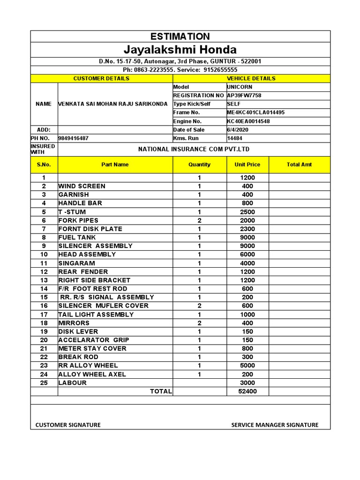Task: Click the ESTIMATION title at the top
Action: click(180, 37)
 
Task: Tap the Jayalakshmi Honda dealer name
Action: click(180, 50)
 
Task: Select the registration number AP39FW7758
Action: click(244, 95)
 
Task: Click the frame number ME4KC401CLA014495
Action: click(255, 112)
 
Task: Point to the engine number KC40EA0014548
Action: click(248, 121)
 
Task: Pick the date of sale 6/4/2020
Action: click(238, 130)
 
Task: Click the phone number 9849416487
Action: click(73, 138)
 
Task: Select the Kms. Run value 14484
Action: click(235, 138)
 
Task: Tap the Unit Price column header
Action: click(247, 165)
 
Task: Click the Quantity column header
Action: click(199, 165)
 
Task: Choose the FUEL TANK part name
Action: click(77, 237)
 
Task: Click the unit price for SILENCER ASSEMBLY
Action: click(247, 246)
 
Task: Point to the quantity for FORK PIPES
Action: click(199, 220)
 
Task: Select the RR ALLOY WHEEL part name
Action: click(88, 365)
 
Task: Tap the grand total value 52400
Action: click(247, 391)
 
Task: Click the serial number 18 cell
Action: click(44, 323)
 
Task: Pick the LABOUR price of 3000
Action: click(247, 382)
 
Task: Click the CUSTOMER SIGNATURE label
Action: click(68, 425)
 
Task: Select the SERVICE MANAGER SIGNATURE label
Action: click(275, 425)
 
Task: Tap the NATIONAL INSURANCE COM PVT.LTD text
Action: click(194, 149)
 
